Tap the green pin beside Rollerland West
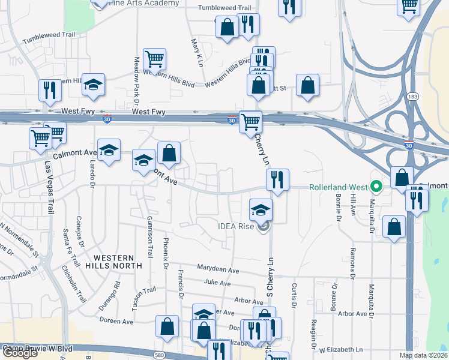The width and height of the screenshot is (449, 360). click(x=376, y=187)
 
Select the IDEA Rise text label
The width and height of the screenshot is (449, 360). click(x=237, y=226)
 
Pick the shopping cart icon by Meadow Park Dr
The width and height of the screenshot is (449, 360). click(x=155, y=59)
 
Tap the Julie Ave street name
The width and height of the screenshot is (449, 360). click(x=217, y=283)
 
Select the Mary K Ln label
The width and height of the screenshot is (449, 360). click(x=196, y=53)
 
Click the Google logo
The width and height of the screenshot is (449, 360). click(x=20, y=353)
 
